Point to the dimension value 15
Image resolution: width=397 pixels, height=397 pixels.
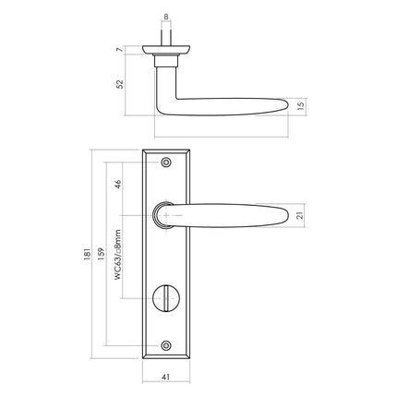click(303, 106)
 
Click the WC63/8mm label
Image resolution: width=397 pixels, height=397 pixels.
click(118, 262)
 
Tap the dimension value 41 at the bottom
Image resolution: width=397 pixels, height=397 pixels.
click(166, 376)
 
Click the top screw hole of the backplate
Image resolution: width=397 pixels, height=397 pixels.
click(166, 162)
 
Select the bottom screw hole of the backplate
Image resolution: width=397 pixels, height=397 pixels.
click(166, 346)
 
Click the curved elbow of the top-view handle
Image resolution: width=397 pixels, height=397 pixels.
click(164, 103)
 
